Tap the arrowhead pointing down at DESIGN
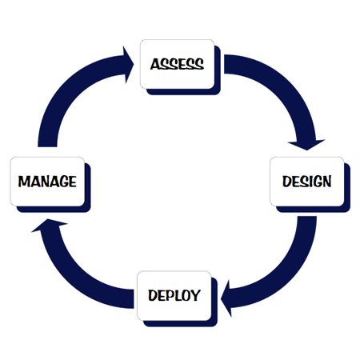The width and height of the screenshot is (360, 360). pos(306,145)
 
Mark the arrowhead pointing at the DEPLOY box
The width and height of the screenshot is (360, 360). pos(226,298)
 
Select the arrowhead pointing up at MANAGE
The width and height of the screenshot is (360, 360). pos(50,224)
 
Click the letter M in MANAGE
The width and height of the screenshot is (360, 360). pos(24,182)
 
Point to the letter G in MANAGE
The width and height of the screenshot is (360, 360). pos(63,182)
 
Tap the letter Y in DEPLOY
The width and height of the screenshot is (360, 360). pos(195,295)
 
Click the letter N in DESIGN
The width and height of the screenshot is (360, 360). pos(326,182)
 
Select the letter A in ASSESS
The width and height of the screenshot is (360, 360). pos(155,64)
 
